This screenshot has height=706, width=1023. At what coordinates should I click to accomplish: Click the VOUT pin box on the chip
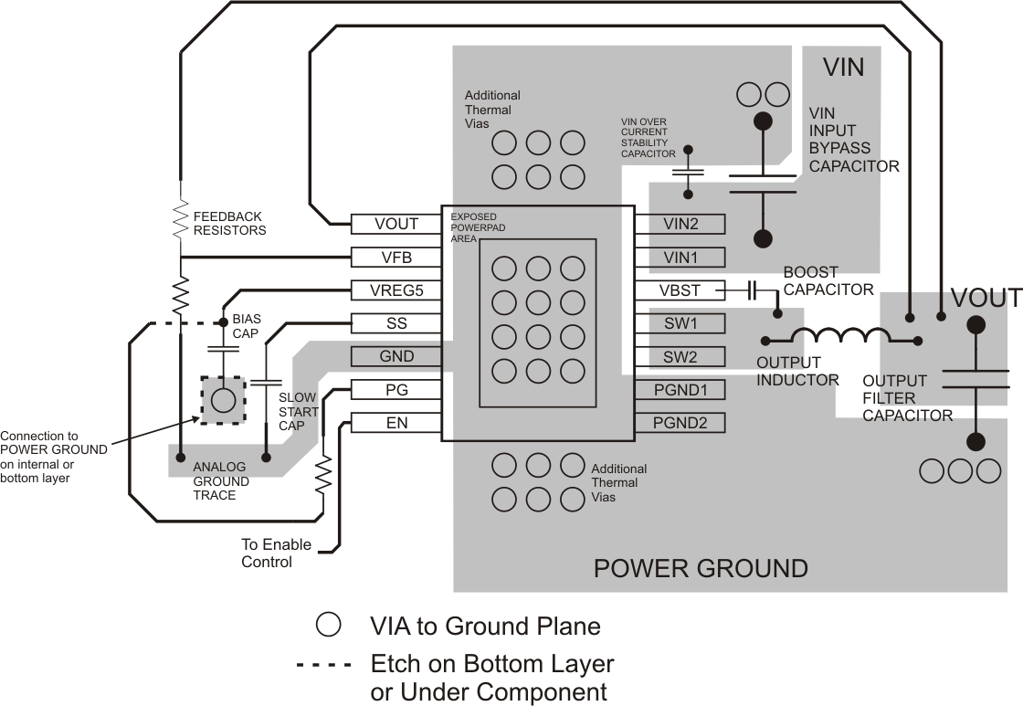[x=396, y=224]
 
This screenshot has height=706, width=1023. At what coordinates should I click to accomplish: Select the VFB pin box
[x=396, y=258]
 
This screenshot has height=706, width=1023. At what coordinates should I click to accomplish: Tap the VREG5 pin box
[x=396, y=290]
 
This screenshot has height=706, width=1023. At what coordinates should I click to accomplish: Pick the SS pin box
[x=396, y=323]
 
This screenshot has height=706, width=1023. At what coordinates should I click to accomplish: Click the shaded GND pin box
[x=396, y=356]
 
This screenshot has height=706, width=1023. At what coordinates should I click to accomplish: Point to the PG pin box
[x=396, y=390]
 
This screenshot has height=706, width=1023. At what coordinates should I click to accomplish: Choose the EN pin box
[x=396, y=423]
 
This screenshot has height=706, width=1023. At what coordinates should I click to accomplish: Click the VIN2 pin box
[x=680, y=224]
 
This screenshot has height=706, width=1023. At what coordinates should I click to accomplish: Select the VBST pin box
[x=680, y=290]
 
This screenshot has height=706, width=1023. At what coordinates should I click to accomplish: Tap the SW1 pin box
[x=680, y=323]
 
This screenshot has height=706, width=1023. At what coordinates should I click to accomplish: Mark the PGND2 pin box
[x=680, y=423]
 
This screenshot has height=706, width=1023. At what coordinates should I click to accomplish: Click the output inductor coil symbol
[x=831, y=335]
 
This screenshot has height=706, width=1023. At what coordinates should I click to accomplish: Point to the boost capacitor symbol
[x=752, y=290]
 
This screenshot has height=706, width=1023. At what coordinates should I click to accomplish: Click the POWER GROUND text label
[x=701, y=568]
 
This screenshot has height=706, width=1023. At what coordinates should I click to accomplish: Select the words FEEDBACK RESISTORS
[x=229, y=223]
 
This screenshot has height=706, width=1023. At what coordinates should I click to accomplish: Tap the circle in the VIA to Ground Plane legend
[x=328, y=625]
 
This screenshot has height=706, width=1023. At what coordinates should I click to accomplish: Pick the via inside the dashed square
[x=222, y=400]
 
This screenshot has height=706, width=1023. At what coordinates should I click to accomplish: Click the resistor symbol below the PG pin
[x=322, y=476]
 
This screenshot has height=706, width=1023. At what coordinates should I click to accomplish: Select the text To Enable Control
[x=276, y=553]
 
